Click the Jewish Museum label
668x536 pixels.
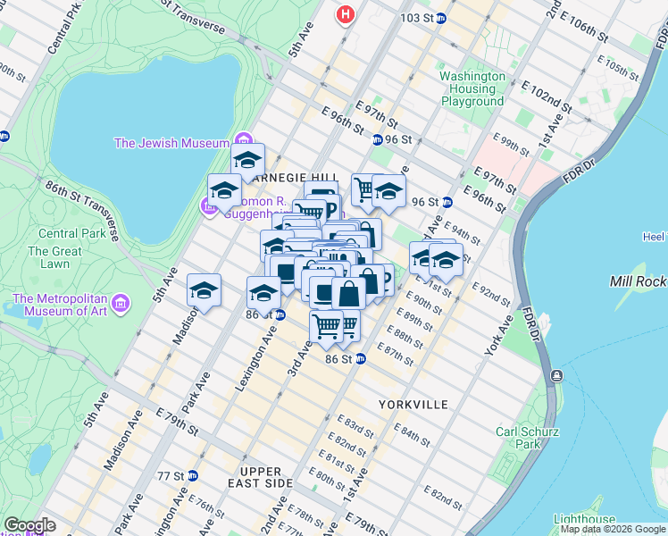pyautogui.click(x=172, y=143)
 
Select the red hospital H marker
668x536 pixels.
pyautogui.click(x=346, y=14)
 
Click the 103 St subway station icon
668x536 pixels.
pyautogui.click(x=441, y=18)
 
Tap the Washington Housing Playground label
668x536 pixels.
pyautogui.click(x=472, y=89)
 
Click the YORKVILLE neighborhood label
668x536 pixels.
pyautogui.click(x=413, y=405)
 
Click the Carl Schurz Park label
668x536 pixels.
pyautogui.click(x=528, y=438)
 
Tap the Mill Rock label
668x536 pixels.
pyautogui.click(x=638, y=281)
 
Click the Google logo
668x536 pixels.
pyautogui.click(x=29, y=525)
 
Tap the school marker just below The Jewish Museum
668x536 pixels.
pyautogui.click(x=248, y=162)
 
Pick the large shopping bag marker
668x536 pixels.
pyautogui.click(x=349, y=293)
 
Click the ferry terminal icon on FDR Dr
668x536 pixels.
pyautogui.click(x=555, y=375)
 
